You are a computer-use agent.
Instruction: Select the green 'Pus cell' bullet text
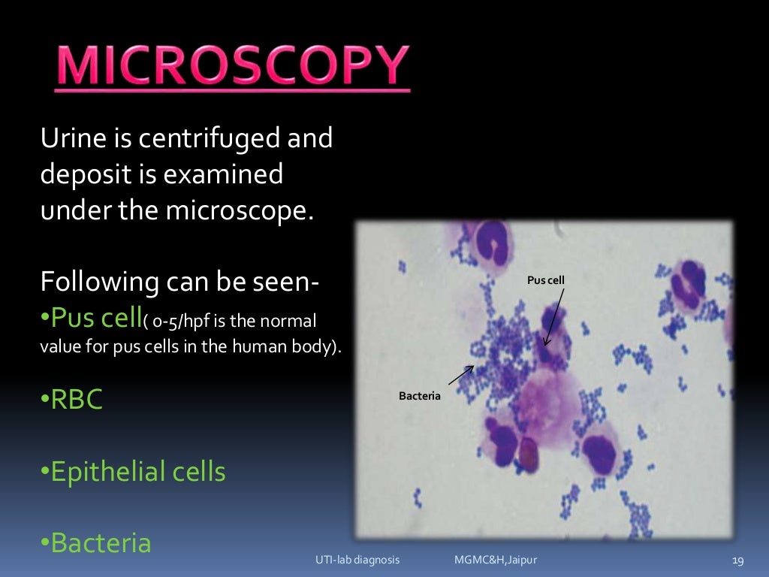[95, 319]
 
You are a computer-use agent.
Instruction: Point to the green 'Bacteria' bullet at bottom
[101, 542]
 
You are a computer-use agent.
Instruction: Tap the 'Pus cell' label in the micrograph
[546, 280]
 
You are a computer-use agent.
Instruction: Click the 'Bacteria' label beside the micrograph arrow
[420, 396]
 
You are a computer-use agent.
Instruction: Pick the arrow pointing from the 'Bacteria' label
[460, 375]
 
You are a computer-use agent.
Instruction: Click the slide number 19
[737, 560]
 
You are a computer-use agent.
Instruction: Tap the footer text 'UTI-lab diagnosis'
[357, 560]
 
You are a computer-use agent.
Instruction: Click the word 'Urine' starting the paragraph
[68, 139]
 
